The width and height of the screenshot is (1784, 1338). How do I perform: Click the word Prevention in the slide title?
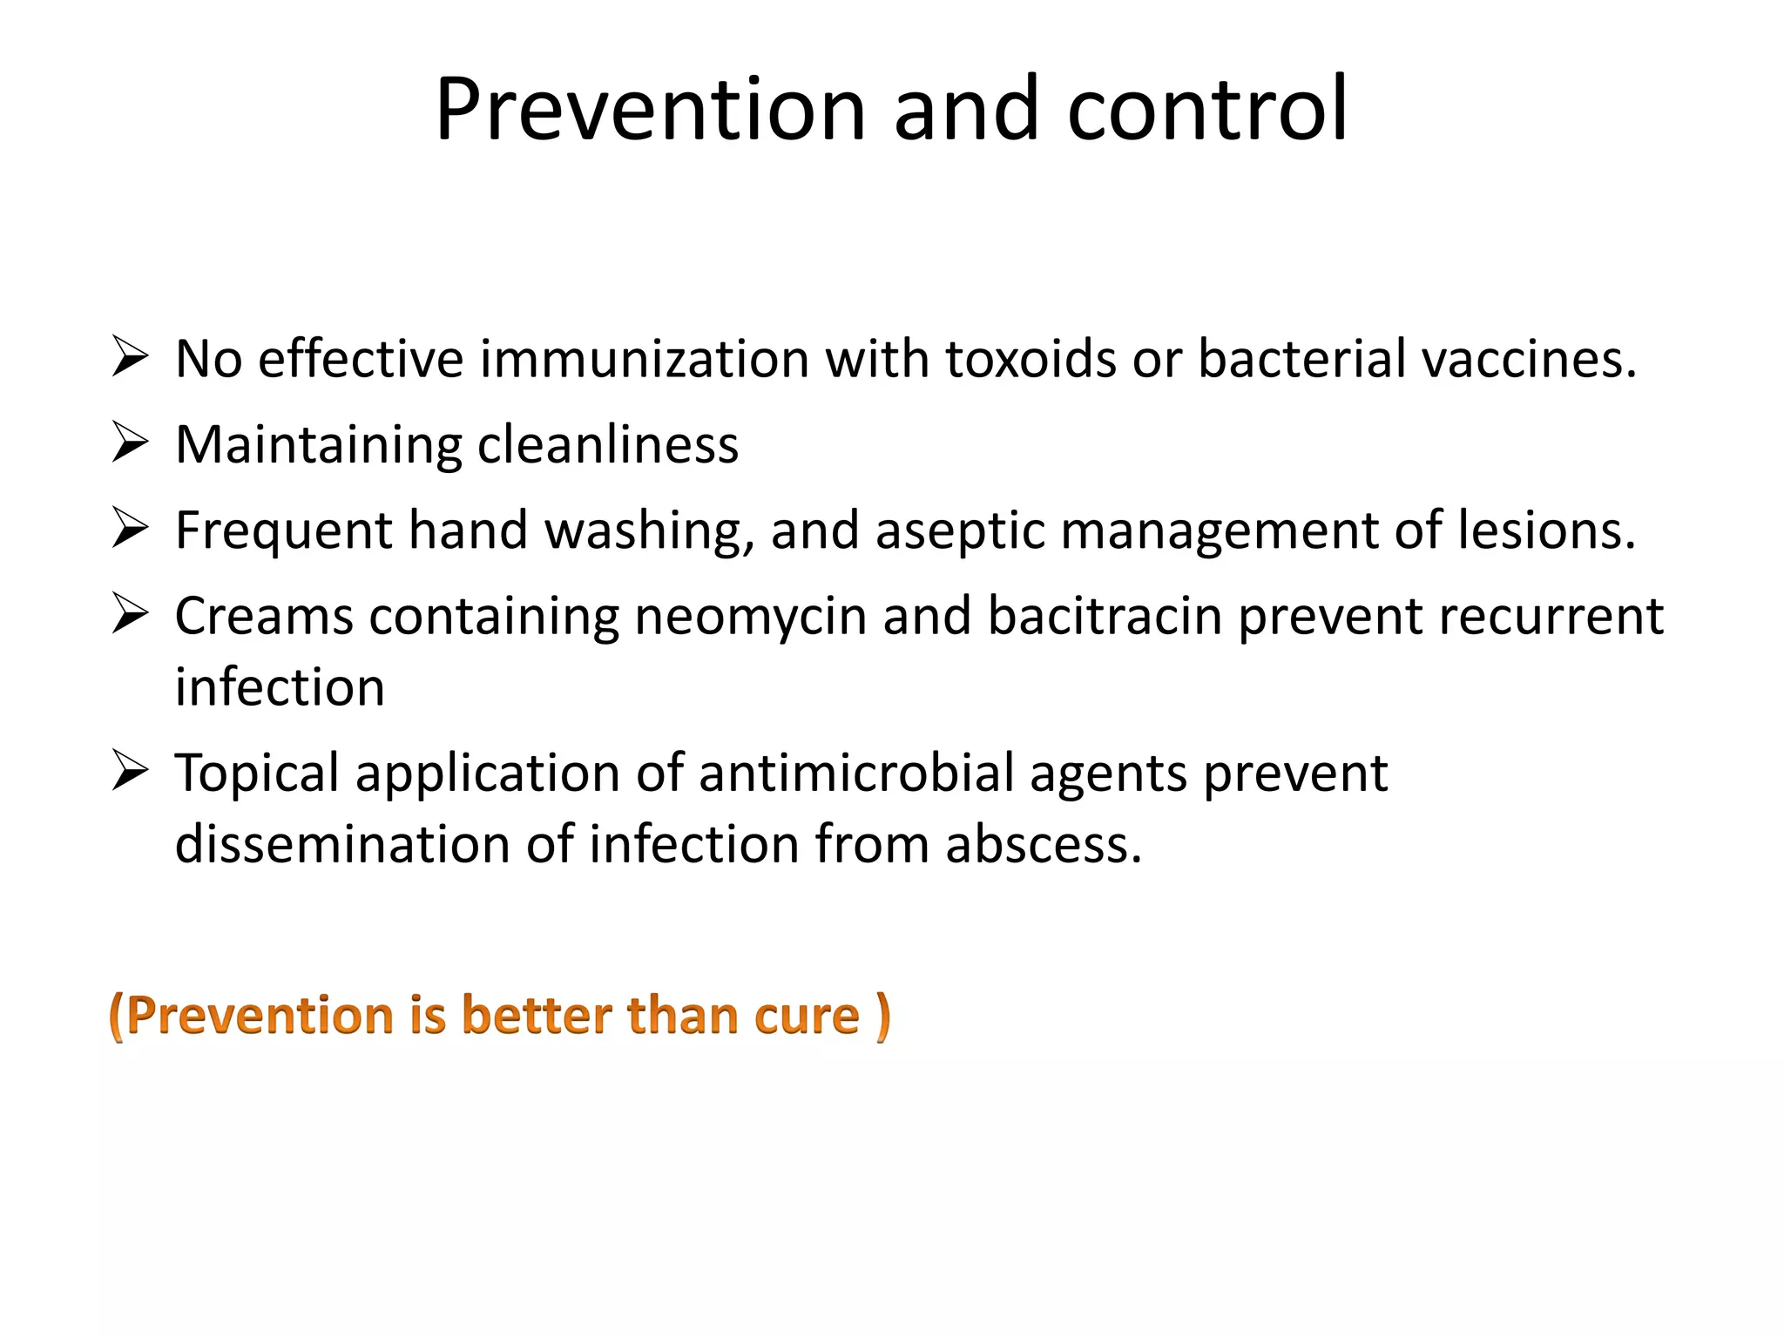(650, 110)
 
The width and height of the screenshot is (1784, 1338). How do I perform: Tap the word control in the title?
(1207, 110)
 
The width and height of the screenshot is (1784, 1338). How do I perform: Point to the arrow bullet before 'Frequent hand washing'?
(130, 529)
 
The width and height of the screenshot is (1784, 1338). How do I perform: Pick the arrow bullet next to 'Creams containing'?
(130, 614)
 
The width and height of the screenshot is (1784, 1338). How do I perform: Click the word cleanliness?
(608, 444)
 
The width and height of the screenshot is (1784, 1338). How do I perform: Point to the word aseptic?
(960, 531)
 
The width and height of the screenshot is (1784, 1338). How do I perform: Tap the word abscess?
(1043, 844)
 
